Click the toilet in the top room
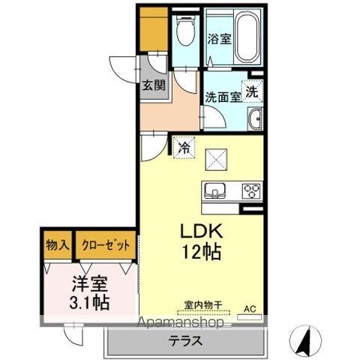(x=185, y=30)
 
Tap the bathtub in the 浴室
(x=247, y=37)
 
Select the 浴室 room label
(x=219, y=39)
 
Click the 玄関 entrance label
(x=154, y=85)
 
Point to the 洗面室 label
(x=223, y=97)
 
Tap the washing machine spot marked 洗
(x=251, y=92)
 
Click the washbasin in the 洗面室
(x=255, y=118)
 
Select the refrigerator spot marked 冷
(x=184, y=148)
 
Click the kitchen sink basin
(x=214, y=190)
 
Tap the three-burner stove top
(x=251, y=191)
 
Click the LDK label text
(x=202, y=231)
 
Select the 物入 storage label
(x=58, y=245)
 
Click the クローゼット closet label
(x=106, y=245)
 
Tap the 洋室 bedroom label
(x=90, y=284)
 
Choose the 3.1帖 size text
(x=89, y=303)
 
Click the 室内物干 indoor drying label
(x=203, y=305)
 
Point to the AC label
(x=250, y=309)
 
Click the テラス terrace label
(x=185, y=340)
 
